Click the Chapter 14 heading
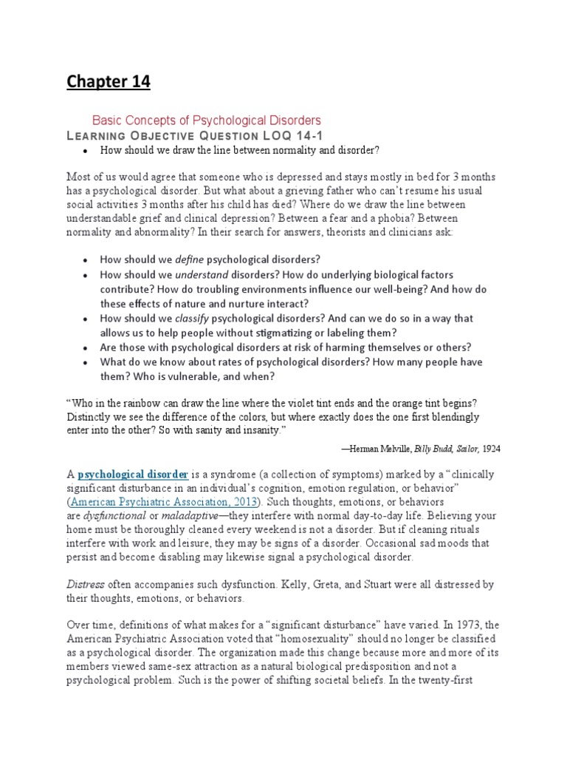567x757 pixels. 109,82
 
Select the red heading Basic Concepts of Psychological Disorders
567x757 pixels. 206,120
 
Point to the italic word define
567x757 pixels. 189,259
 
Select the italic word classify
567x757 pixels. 191,318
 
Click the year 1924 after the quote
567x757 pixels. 491,449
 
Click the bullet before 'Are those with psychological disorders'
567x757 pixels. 86,347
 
